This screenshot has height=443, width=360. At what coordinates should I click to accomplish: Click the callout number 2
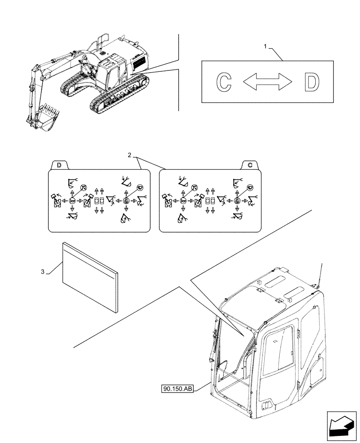pyautogui.click(x=129, y=155)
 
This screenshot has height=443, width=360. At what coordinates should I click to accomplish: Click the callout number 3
pyautogui.click(x=43, y=272)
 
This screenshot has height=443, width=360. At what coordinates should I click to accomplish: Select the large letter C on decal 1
pyautogui.click(x=224, y=82)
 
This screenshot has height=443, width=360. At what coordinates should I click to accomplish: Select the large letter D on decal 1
pyautogui.click(x=312, y=82)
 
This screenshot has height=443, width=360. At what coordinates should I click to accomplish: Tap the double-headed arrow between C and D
pyautogui.click(x=268, y=82)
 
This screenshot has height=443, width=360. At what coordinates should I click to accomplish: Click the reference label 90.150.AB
pyautogui.click(x=178, y=389)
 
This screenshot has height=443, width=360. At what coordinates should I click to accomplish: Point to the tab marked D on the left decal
pyautogui.click(x=59, y=165)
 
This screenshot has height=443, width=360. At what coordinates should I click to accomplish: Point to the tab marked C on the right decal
pyautogui.click(x=250, y=165)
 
